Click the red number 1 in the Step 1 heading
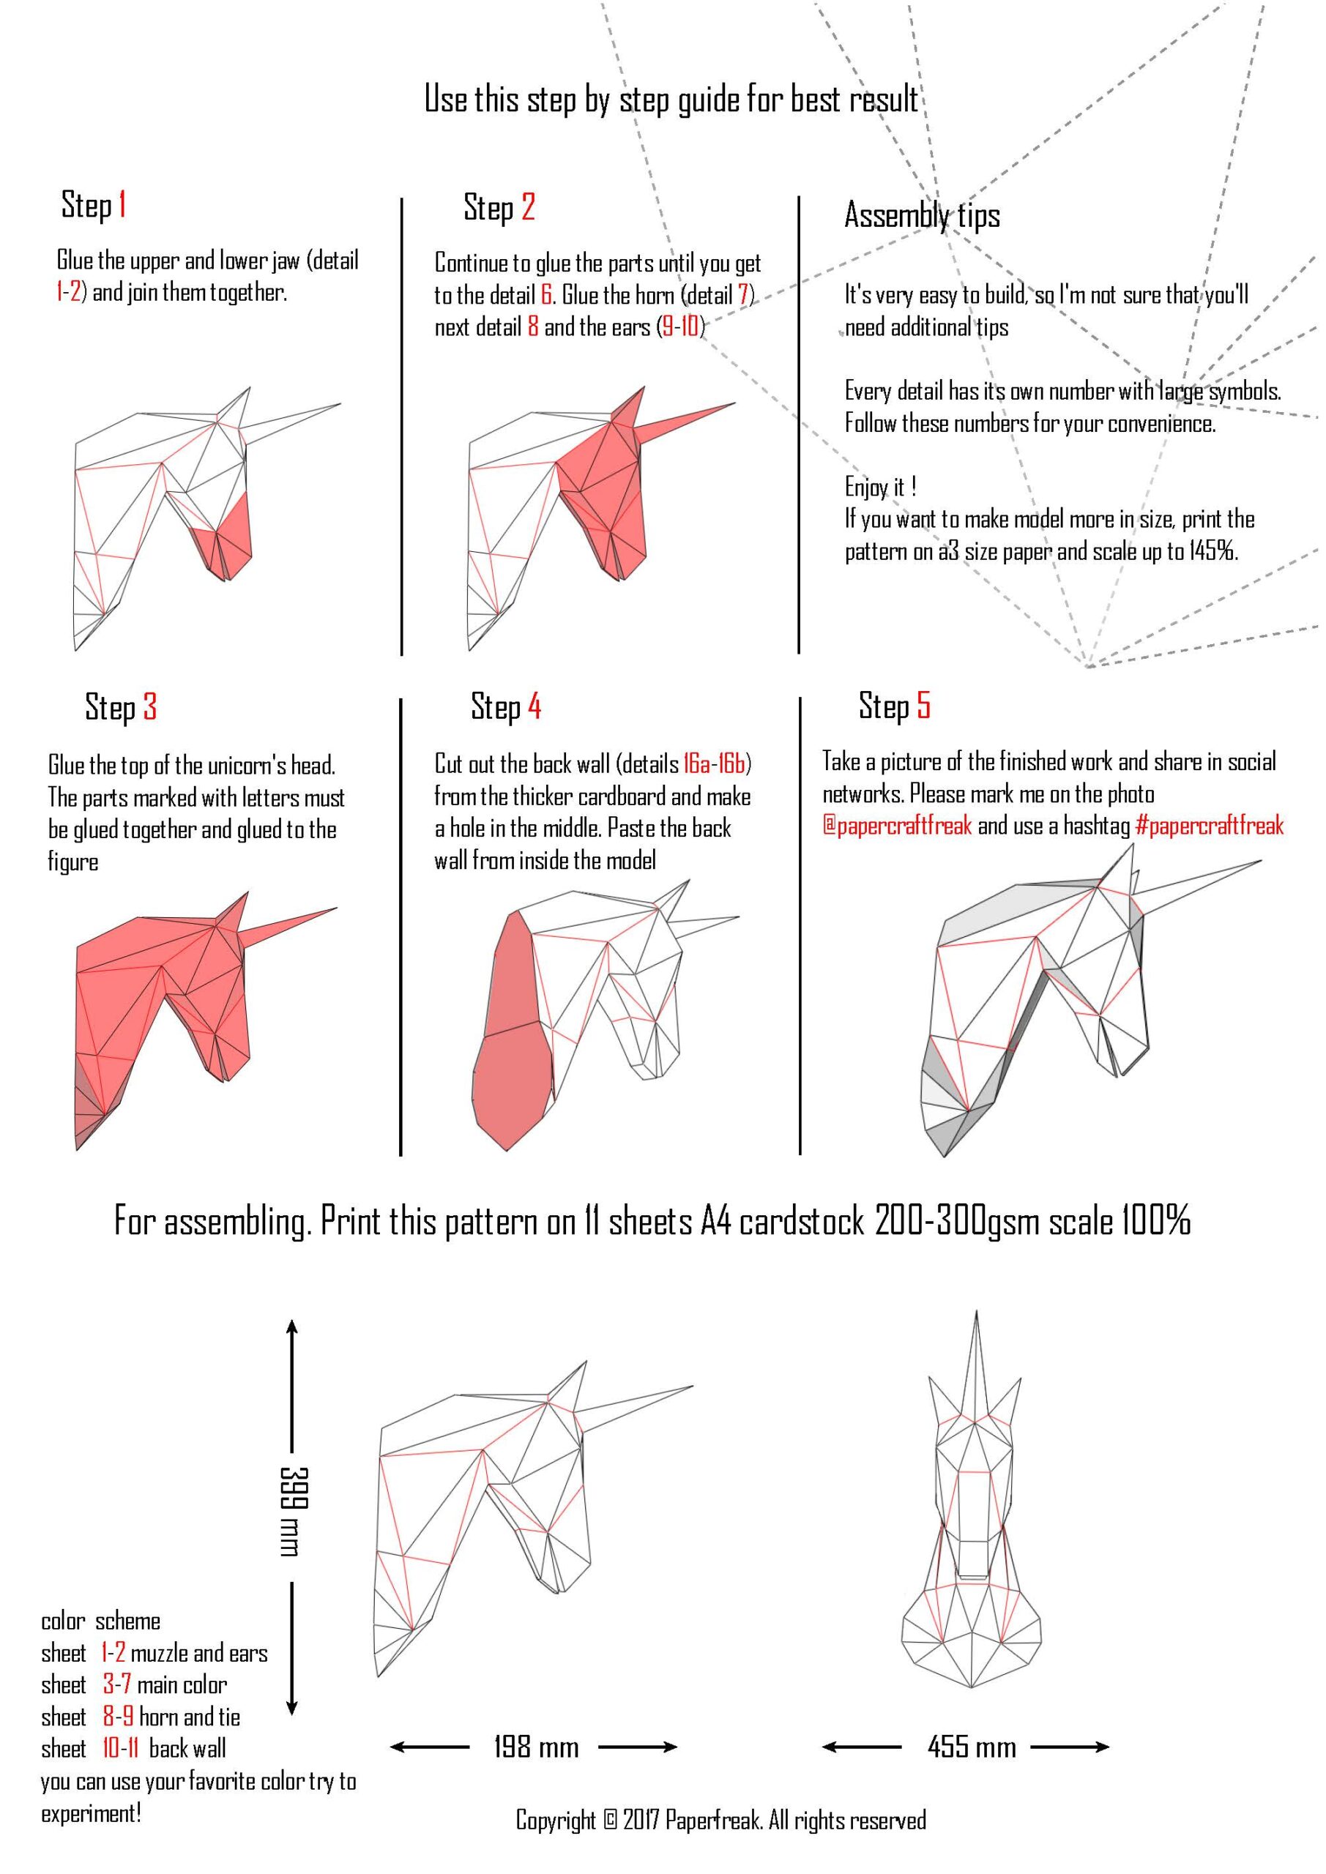(x=122, y=204)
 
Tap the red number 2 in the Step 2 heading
(x=529, y=207)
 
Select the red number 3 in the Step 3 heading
(x=149, y=707)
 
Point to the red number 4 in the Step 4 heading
(x=534, y=706)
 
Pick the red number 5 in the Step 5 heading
(x=923, y=704)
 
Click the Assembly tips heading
(x=922, y=215)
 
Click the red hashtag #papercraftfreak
(x=1210, y=826)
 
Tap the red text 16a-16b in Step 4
(x=715, y=764)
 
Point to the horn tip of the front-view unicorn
(x=977, y=1312)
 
